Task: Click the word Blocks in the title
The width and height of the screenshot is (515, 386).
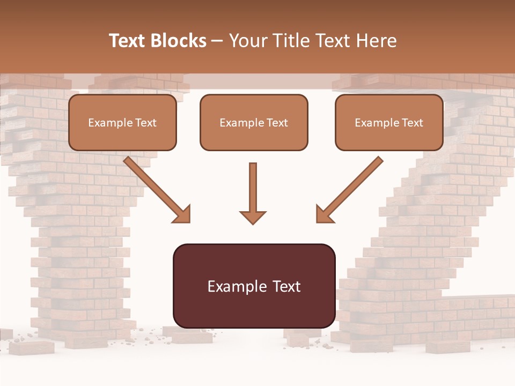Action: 179,41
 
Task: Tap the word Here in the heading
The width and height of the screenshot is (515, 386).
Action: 376,41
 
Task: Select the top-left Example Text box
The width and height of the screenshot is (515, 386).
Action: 122,123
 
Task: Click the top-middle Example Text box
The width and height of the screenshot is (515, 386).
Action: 254,123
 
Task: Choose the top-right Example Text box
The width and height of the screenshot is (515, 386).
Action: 389,123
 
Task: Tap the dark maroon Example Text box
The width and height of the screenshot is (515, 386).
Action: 254,286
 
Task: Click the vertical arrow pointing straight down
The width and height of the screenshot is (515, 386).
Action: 253,188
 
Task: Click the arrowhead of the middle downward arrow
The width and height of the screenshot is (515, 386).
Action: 253,217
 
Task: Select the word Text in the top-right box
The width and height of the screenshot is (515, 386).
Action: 412,123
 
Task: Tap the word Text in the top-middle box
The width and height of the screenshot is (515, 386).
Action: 277,123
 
